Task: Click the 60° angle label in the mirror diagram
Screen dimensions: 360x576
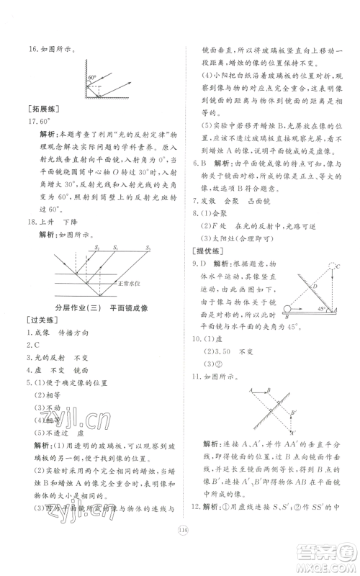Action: (x=91, y=76)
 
